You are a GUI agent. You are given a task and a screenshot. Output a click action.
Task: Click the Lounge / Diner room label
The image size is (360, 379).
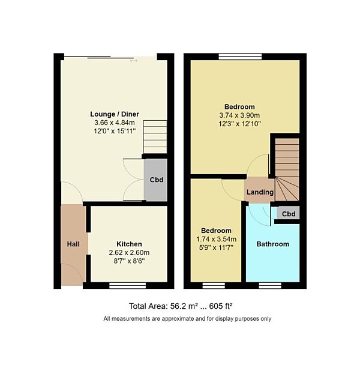click(x=113, y=114)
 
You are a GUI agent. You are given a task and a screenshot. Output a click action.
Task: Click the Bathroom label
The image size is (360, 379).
click(x=272, y=244)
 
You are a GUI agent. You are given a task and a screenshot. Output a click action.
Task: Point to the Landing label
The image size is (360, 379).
click(x=259, y=192)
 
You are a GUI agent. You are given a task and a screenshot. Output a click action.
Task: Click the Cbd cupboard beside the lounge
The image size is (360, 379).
click(x=156, y=180)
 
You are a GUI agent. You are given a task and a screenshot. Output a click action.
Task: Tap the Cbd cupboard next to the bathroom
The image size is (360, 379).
click(x=289, y=214)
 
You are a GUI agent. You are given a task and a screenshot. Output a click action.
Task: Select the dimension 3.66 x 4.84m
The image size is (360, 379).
click(x=113, y=122)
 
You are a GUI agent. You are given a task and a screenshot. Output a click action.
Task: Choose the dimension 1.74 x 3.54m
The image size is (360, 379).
click(x=216, y=239)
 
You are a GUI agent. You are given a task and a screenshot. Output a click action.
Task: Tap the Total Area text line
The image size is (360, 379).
click(x=180, y=305)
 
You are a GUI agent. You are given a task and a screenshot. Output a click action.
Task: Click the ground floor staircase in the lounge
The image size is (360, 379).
click(x=155, y=137)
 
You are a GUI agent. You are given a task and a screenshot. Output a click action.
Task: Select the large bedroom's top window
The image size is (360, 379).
click(x=240, y=57)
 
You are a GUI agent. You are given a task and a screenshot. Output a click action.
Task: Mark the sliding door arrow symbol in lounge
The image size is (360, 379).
click(x=133, y=60)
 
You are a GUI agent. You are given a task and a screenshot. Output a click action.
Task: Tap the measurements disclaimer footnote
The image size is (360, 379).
click(x=187, y=318)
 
